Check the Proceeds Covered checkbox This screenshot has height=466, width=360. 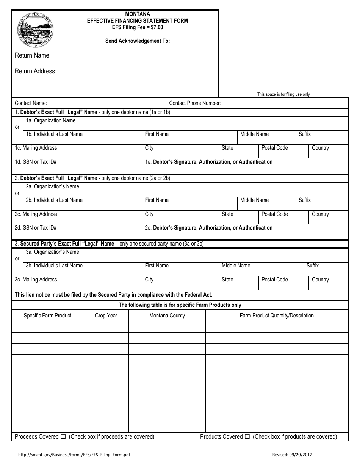(63, 437)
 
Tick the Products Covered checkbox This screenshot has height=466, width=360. (247, 437)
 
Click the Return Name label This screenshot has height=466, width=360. (33, 55)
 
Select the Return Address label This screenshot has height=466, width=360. (36, 71)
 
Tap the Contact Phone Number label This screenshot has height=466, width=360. (195, 103)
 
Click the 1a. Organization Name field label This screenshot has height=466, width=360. (50, 120)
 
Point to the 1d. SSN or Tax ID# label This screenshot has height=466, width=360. (36, 162)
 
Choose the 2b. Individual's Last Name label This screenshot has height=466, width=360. (54, 200)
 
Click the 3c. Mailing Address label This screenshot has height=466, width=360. (36, 280)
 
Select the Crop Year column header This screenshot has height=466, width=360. (106, 316)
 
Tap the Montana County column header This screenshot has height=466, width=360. (167, 316)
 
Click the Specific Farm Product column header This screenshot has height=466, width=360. (47, 316)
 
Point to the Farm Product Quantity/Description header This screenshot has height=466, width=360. (277, 316)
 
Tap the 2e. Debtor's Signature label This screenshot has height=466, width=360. (209, 228)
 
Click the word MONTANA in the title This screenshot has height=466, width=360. (138, 14)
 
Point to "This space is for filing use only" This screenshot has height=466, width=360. (283, 94)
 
